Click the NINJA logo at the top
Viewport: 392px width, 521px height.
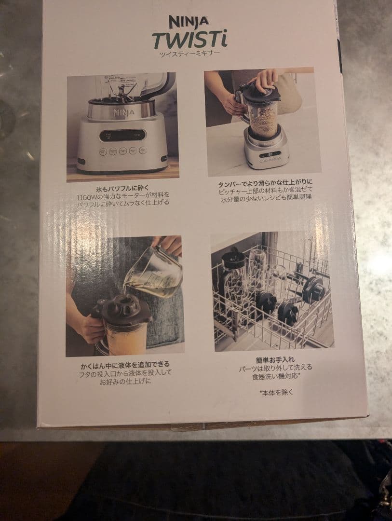[x=189, y=22]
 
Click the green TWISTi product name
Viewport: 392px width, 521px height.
[x=189, y=40]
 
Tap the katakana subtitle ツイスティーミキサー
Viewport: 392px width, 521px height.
[x=189, y=54]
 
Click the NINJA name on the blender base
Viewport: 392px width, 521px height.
[x=124, y=113]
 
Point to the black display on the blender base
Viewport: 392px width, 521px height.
[x=122, y=135]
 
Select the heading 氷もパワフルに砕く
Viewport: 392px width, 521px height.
[x=122, y=189]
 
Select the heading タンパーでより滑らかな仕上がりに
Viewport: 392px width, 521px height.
[x=265, y=183]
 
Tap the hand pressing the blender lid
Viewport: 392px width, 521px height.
[x=264, y=80]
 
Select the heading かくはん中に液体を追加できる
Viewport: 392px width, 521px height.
[x=125, y=366]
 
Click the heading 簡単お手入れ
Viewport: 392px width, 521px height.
[x=275, y=359]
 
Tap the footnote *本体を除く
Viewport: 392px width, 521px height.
[x=276, y=392]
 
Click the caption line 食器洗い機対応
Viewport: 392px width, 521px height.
[x=275, y=376]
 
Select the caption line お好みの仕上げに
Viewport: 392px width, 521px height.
[x=125, y=382]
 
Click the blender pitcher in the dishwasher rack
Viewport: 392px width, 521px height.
[x=234, y=279]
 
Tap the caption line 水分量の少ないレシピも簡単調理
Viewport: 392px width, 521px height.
[x=266, y=197]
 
